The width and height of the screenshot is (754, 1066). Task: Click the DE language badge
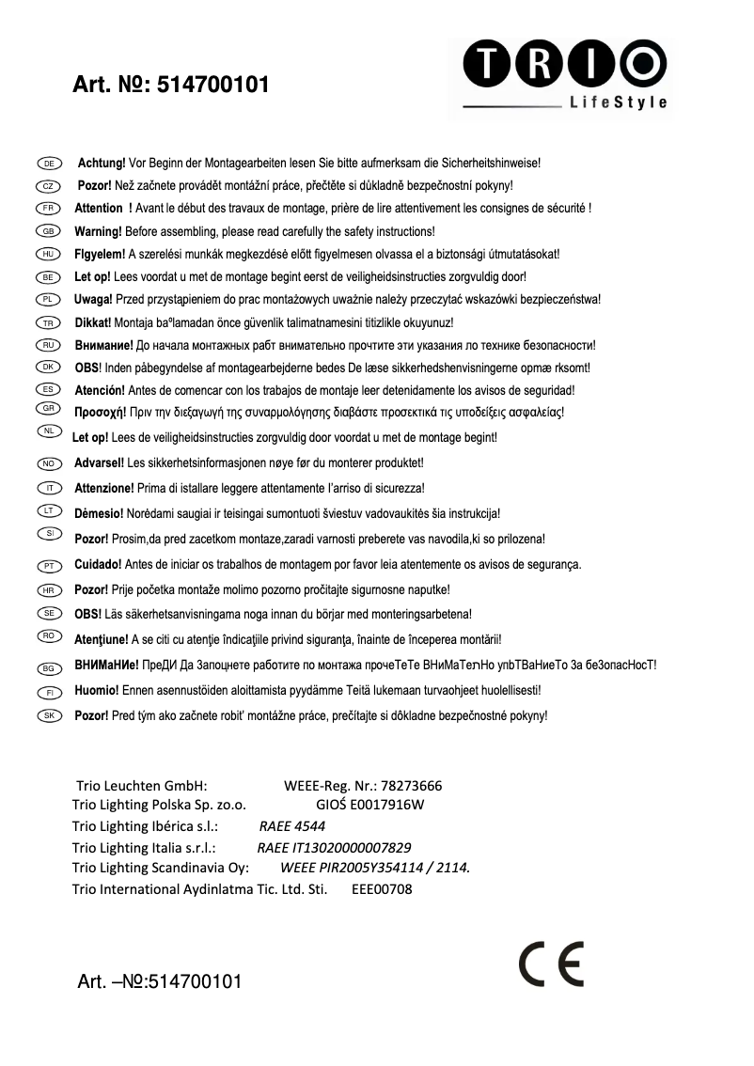[x=48, y=164]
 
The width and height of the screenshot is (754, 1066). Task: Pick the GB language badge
[x=48, y=231]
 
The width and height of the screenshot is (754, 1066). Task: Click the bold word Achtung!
[x=101, y=164]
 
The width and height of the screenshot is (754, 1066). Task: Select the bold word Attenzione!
[x=104, y=488]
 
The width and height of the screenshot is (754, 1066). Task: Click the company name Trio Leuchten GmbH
[x=141, y=786]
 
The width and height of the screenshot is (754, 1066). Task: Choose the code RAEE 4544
[x=291, y=826]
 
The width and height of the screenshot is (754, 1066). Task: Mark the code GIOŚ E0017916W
[x=370, y=806]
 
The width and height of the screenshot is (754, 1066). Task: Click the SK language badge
[x=48, y=715]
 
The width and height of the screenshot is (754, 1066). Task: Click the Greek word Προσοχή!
[x=100, y=411]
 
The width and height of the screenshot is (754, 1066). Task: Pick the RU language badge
[x=48, y=345]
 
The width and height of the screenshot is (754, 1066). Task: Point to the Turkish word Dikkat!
[x=93, y=322]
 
